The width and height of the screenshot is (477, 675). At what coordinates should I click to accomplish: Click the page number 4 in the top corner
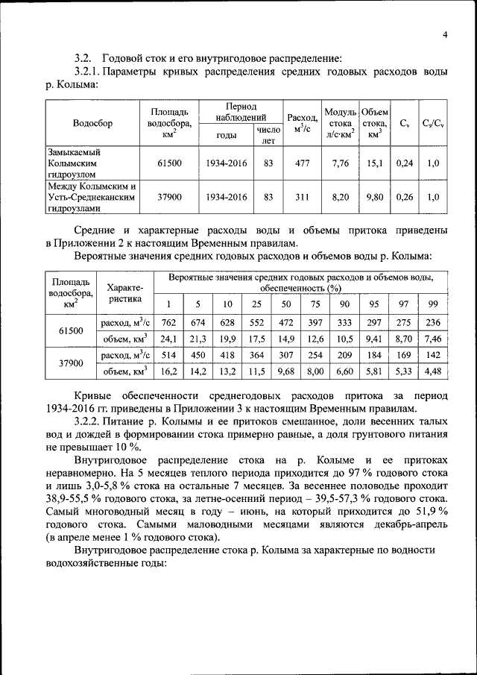click(444, 35)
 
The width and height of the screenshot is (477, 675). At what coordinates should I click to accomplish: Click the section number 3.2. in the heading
click(83, 57)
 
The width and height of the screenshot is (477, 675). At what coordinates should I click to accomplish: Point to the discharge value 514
click(168, 355)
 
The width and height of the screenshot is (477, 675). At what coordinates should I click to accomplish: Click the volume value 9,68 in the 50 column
click(285, 371)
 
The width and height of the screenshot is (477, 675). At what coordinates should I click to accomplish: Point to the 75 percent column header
click(315, 304)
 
